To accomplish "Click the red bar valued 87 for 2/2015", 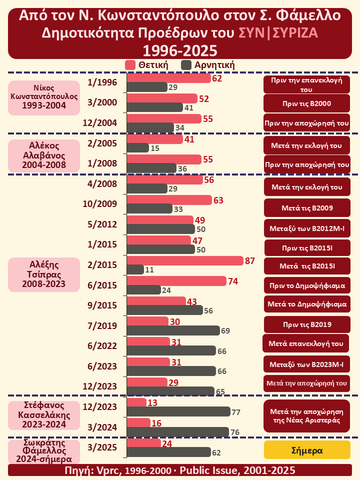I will pos(185,261).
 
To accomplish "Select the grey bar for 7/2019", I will pos(173,330).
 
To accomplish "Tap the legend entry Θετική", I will pos(146,65).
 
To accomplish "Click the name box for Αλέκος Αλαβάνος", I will pos(44,156).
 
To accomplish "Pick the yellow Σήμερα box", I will pos(307,450).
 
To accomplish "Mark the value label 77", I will pos(236,412).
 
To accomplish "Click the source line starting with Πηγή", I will pos(180,470).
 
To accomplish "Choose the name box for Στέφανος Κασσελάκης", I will pos(44,415).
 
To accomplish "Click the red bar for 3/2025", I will pos(144,443).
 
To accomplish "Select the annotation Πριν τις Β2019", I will pos(307,324).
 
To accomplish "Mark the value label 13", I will pos(153,403).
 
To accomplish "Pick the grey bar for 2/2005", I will pos(138,148).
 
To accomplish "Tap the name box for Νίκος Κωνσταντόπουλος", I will pos(44,97).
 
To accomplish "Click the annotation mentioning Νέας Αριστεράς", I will pos(307,415).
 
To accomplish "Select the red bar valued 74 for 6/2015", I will pos(177,281).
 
